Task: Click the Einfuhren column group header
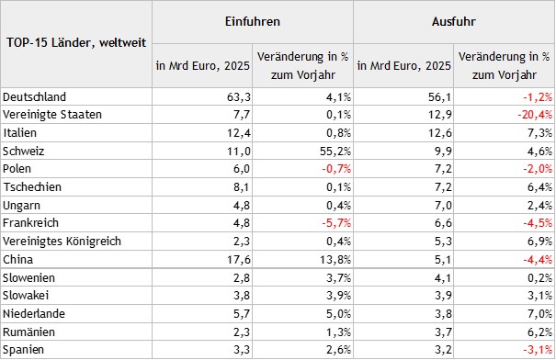click(252, 19)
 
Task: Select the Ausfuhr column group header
click(453, 19)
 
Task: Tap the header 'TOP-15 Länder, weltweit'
click(75, 43)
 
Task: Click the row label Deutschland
click(36, 96)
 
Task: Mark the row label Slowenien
click(31, 277)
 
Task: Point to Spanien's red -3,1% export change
click(535, 350)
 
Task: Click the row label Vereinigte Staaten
click(52, 114)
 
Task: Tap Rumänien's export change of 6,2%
click(537, 332)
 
